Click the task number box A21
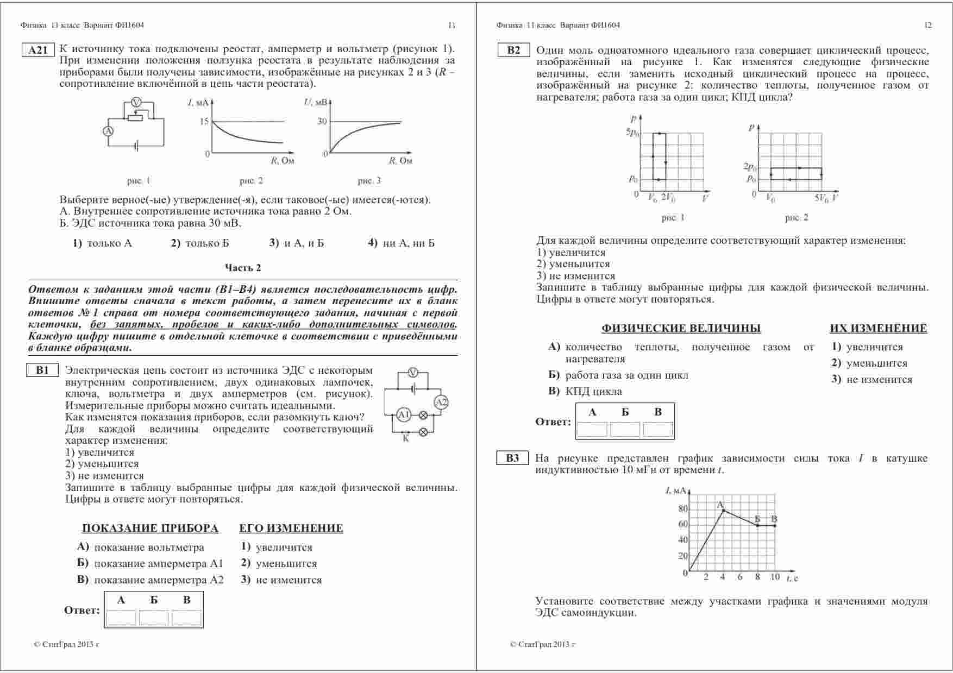point(38,51)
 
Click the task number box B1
point(42,370)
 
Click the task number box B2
point(513,51)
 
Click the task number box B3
point(512,458)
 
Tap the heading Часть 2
point(243,268)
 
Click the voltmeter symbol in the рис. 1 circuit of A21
point(137,103)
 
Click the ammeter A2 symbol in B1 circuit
point(441,402)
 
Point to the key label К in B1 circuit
point(406,439)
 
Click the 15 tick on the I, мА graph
point(204,121)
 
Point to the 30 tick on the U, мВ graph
point(322,121)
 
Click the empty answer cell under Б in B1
point(154,618)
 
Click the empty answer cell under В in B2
point(658,430)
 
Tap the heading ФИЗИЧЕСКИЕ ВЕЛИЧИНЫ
point(681,329)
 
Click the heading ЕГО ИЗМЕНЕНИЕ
point(291,529)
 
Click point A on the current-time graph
point(723,510)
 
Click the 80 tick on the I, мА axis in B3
point(683,509)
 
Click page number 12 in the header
point(928,25)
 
